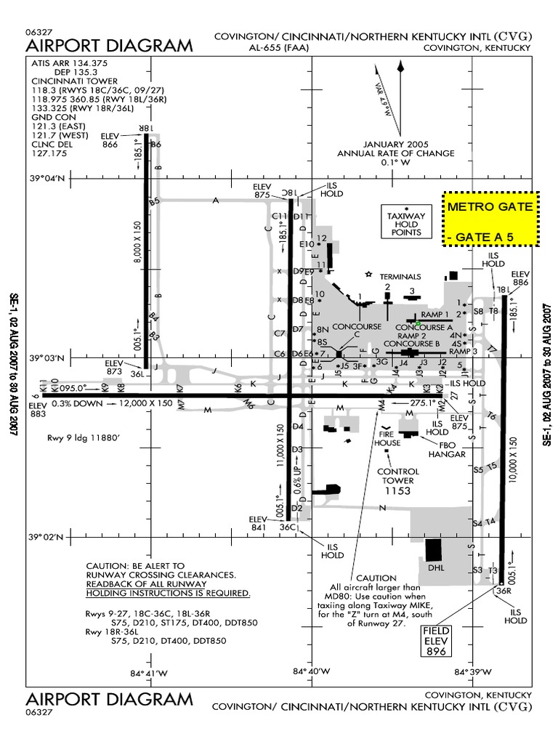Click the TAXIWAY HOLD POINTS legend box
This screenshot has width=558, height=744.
(406, 221)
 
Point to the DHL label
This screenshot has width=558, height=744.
(436, 567)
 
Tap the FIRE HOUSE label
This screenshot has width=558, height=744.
(387, 437)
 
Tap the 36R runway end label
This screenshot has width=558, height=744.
(501, 591)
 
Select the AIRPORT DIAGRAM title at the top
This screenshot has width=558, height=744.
(110, 46)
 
